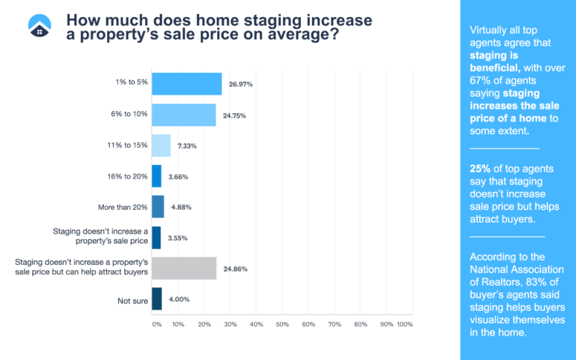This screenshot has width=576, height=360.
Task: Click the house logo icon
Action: [39, 26]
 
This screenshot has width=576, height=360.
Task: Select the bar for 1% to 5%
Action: [187, 84]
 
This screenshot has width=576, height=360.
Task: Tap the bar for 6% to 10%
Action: [184, 115]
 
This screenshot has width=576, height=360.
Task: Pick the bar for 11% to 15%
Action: [161, 146]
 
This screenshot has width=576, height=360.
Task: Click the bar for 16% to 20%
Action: [156, 176]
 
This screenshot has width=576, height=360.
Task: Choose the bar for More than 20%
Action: [158, 207]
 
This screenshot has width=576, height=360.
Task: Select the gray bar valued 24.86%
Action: [184, 268]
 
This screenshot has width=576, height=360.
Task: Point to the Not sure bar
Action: [157, 298]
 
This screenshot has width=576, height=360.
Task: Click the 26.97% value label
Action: [240, 84]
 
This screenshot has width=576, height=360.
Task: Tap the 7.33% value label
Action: [187, 146]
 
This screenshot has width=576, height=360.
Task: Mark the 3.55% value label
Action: [177, 238]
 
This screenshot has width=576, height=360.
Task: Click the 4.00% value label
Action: [177, 298]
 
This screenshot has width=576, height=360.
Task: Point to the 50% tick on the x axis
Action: [282, 324]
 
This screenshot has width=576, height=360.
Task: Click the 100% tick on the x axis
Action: [404, 324]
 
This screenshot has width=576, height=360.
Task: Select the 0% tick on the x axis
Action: [156, 324]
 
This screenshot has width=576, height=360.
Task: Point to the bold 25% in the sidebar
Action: [480, 168]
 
